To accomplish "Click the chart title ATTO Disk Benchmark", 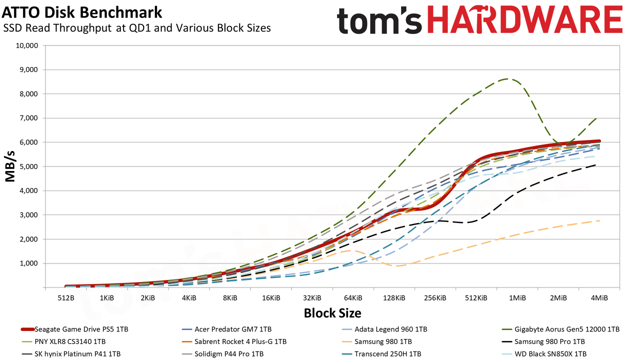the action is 81,13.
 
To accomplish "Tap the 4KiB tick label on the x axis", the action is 189,298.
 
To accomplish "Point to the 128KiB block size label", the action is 394,298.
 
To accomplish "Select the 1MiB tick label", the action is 517,298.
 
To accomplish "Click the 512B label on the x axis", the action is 66,298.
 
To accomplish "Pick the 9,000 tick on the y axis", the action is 27,69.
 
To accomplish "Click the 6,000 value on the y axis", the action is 27,142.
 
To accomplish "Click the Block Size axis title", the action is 332,313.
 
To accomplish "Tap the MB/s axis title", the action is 10,166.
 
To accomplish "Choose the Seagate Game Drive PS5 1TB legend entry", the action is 74,329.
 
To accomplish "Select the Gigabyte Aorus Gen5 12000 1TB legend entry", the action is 560,329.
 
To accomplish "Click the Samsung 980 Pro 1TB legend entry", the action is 543,341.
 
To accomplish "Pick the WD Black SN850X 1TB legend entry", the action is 544,354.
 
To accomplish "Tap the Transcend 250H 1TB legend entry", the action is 381,354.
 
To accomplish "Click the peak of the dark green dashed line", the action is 507,78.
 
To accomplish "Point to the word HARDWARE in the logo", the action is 524,19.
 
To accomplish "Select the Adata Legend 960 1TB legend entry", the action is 384,329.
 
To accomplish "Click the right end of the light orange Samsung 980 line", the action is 599,220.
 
